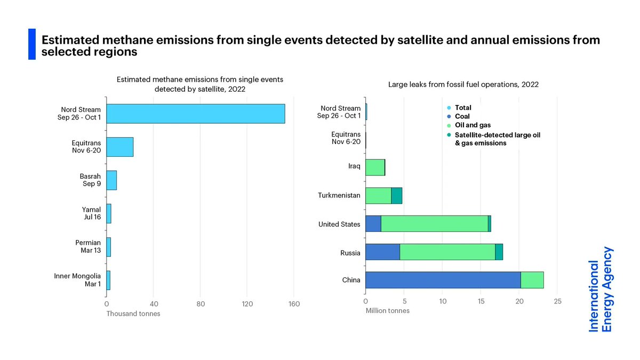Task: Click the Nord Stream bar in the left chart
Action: pos(195,114)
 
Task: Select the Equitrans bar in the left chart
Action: pos(119,147)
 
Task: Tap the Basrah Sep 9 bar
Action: pos(111,180)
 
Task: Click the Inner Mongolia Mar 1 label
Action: pos(77,280)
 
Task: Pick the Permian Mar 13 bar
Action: pos(109,247)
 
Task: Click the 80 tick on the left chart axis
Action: pos(201,304)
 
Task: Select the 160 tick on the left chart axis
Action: pos(294,304)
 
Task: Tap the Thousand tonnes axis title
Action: pos(133,314)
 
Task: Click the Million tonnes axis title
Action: pos(387,310)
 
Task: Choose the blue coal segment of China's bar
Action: pos(443,280)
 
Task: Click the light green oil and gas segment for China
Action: pos(532,280)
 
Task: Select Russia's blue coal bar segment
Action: pos(382,252)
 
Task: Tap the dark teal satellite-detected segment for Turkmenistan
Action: pos(396,196)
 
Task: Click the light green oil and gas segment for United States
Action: pos(434,224)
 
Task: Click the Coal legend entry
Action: pos(462,116)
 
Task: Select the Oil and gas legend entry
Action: pos(469,125)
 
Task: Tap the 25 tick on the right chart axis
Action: pos(557,301)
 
